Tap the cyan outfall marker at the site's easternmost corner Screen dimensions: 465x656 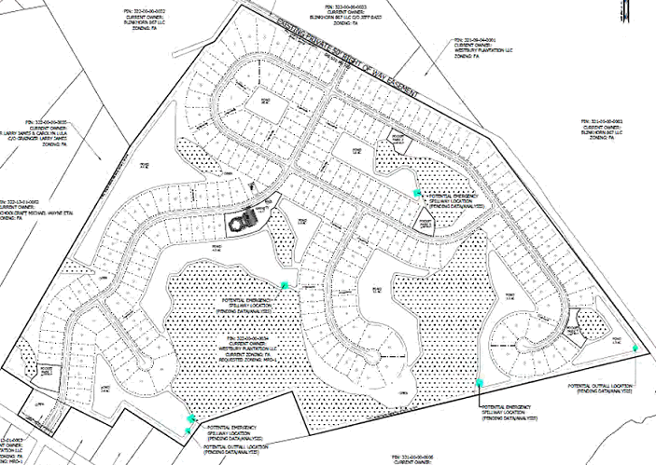click(635, 348)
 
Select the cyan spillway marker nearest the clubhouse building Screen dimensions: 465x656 click(286, 284)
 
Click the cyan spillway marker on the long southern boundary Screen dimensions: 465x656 click(480, 382)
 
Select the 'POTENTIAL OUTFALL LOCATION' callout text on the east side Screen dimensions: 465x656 click(603, 384)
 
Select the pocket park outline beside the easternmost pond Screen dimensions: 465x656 click(586, 321)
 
